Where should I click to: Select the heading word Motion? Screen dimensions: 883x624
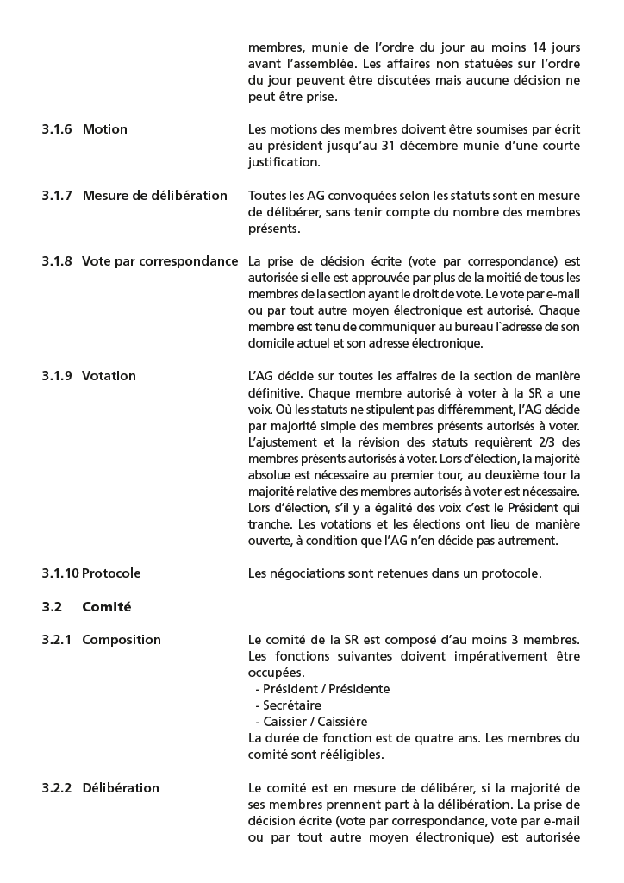click(104, 129)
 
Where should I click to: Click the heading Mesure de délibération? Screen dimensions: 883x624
click(154, 196)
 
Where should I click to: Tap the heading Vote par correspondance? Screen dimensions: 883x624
click(159, 261)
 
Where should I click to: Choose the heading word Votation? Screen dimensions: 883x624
click(109, 376)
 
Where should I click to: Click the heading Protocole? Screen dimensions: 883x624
click(111, 573)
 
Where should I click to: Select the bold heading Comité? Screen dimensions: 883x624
click(106, 607)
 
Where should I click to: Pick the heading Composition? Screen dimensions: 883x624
click(121, 640)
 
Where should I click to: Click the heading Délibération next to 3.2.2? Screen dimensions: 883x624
click(120, 788)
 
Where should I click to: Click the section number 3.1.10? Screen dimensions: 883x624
click(59, 573)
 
